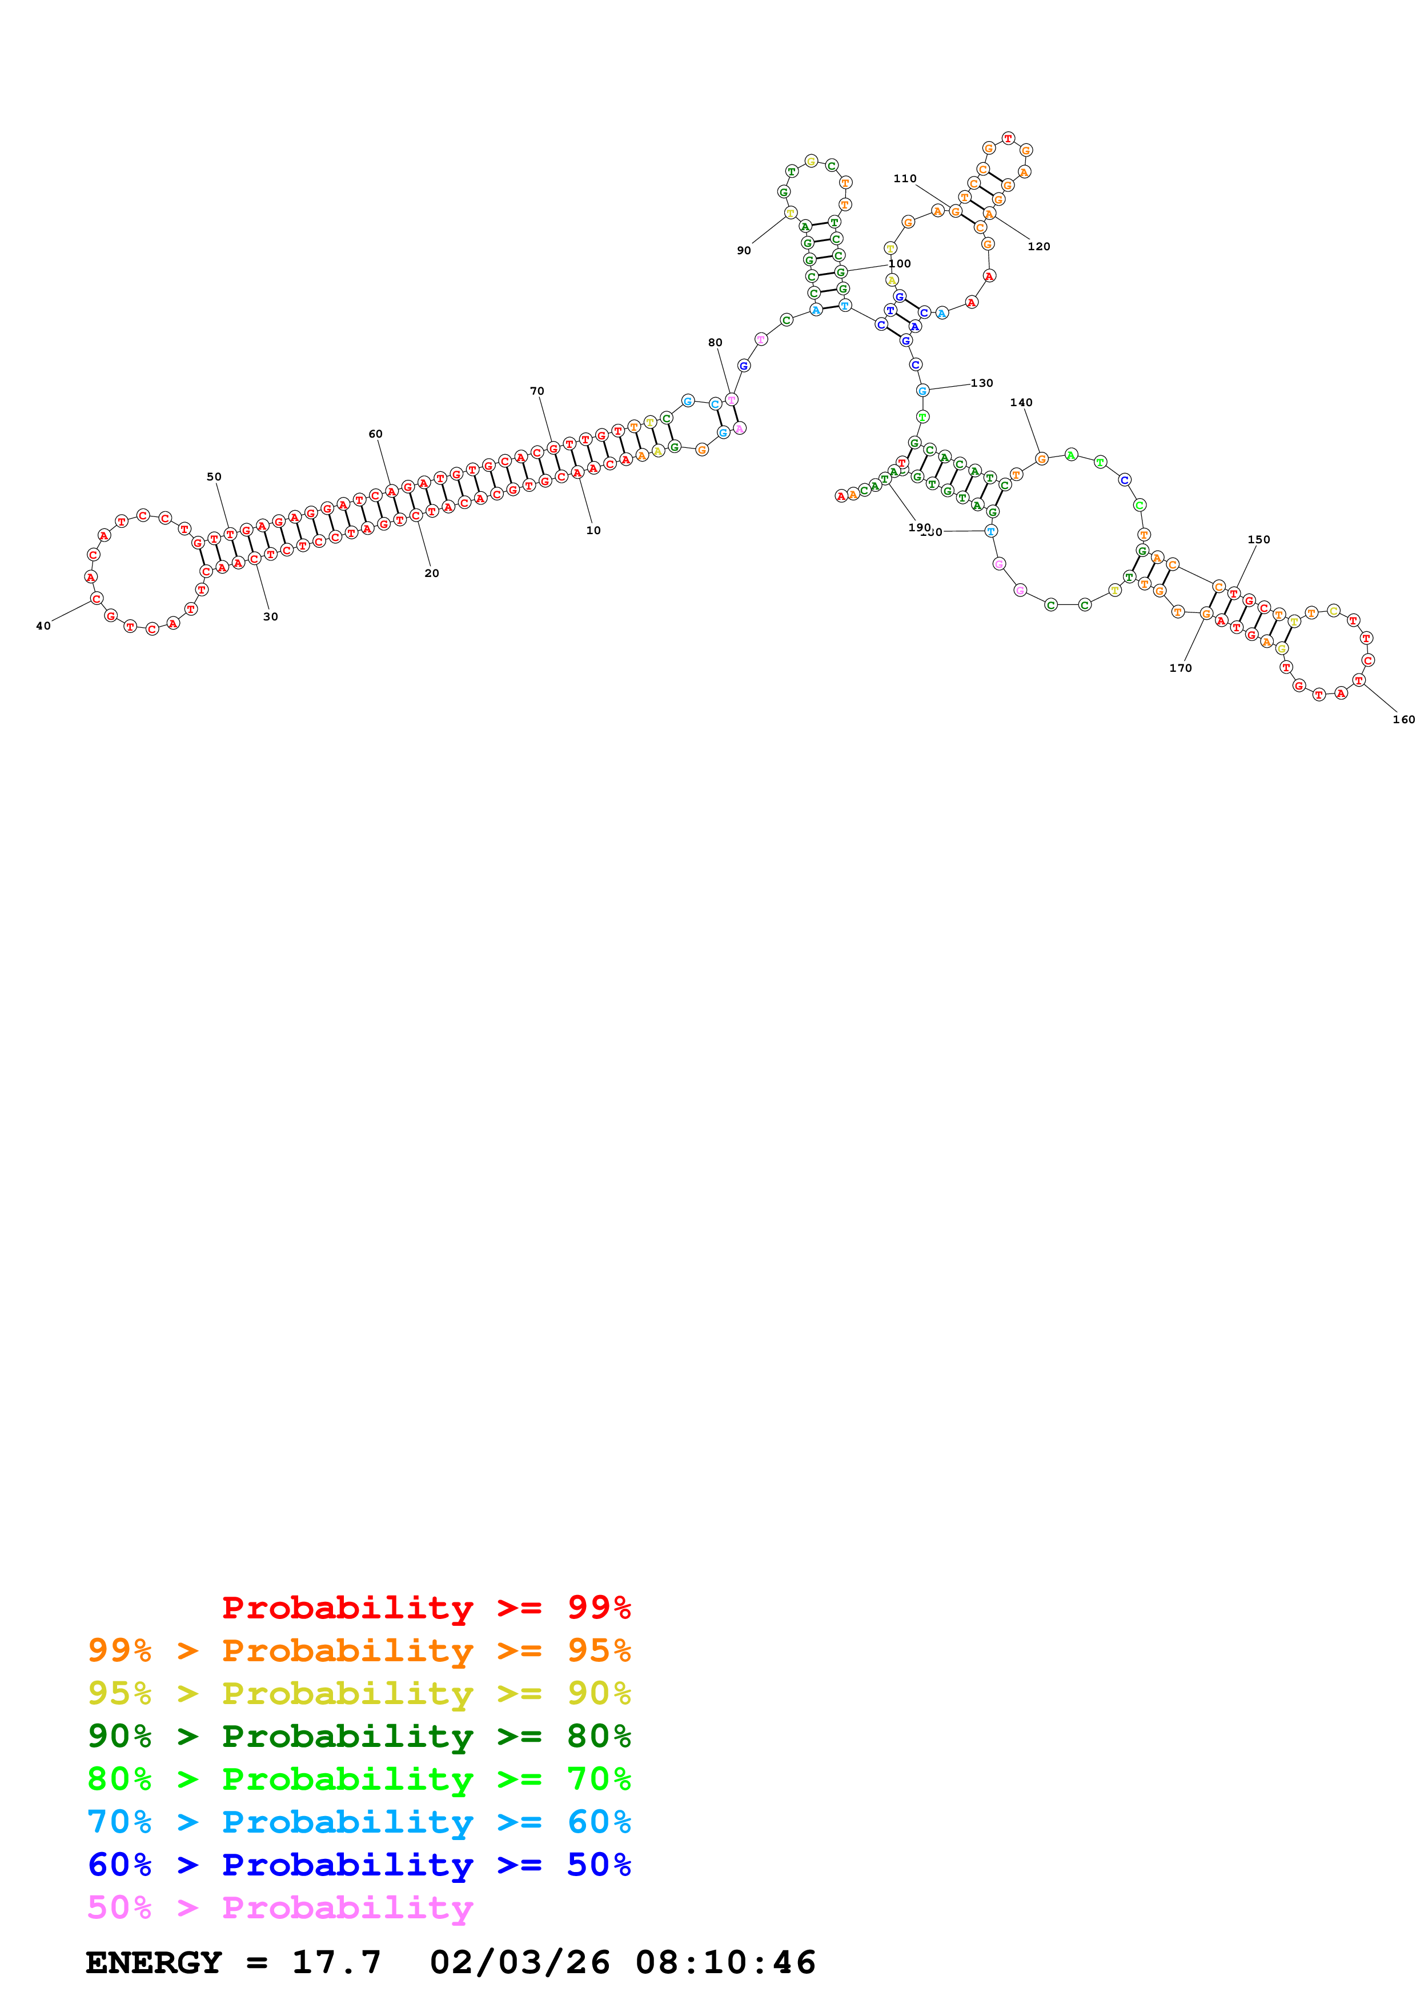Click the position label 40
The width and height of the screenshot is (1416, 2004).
[43, 626]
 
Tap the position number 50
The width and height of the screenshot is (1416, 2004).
[214, 476]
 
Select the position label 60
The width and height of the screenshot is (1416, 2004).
[375, 434]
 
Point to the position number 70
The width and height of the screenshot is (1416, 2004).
[536, 391]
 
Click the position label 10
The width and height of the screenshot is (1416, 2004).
[593, 530]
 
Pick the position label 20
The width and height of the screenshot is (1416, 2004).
[432, 572]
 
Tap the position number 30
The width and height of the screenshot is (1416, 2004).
[270, 616]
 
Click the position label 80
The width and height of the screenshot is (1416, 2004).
[715, 342]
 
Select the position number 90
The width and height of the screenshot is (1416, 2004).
[743, 250]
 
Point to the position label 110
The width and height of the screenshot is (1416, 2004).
[905, 178]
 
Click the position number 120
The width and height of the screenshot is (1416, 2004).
[1038, 246]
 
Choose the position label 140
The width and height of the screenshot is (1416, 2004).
[1021, 402]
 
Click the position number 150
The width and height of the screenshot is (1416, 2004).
[1258, 539]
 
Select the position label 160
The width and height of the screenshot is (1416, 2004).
[1403, 719]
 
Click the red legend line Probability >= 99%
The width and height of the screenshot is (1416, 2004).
[426, 1608]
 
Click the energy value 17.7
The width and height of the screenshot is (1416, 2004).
[336, 1962]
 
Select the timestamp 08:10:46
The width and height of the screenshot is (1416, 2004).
[725, 1962]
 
